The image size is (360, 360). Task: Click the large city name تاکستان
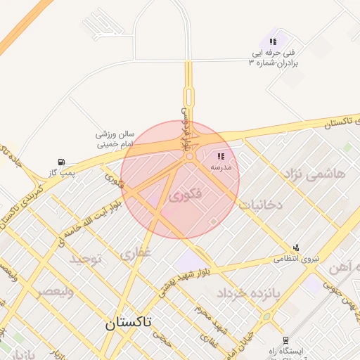click(139, 323)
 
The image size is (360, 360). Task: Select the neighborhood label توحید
click(85, 259)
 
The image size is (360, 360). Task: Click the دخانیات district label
click(260, 205)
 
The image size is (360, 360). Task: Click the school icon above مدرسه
click(221, 157)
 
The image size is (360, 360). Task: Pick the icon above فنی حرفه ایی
click(273, 41)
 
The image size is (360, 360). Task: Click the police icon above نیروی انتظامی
click(297, 247)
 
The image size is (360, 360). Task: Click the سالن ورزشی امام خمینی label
click(115, 139)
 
